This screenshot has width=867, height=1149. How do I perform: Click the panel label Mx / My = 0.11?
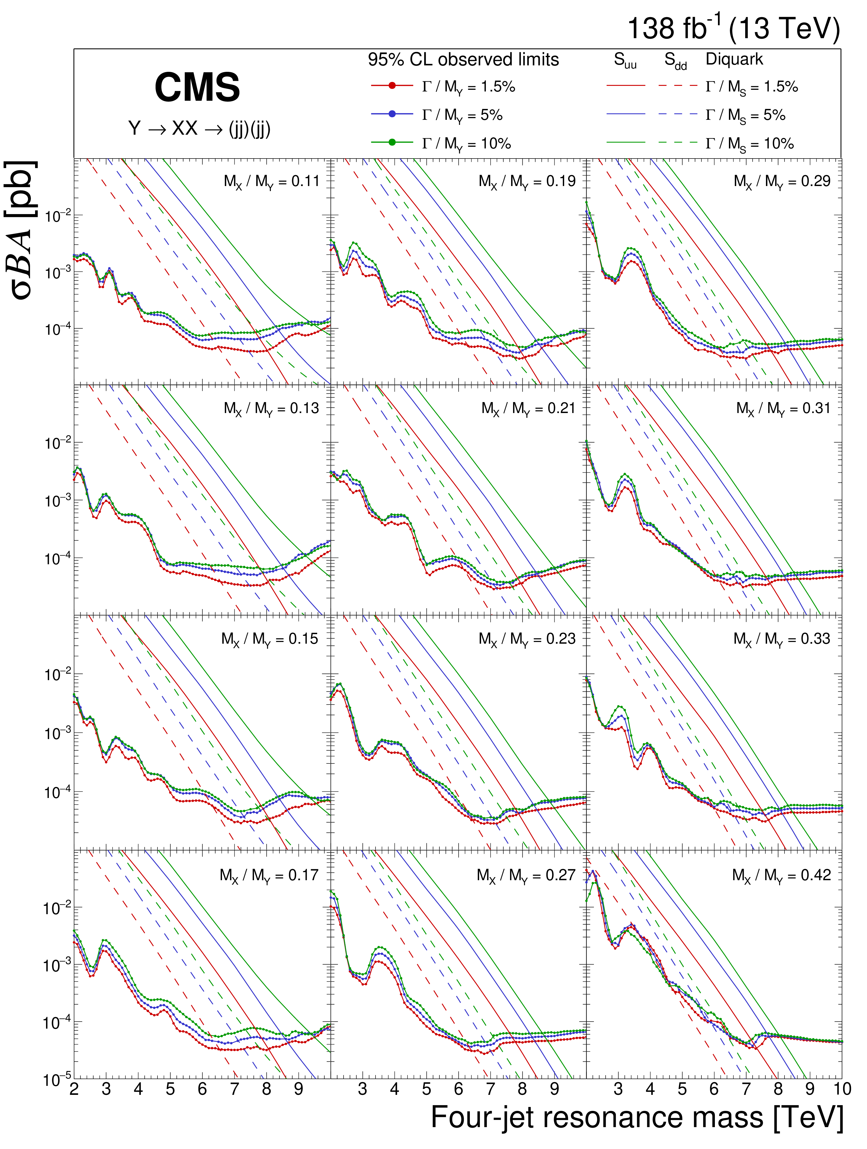tap(271, 182)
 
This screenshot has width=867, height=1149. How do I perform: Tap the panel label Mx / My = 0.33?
tap(781, 639)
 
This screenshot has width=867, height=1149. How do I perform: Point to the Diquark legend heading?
tap(734, 59)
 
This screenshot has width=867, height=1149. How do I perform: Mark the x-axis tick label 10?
tap(841, 1089)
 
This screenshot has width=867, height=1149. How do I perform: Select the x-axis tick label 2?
tap(74, 1089)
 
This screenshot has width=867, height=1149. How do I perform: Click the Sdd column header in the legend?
tap(675, 61)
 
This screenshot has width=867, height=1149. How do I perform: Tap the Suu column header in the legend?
tap(625, 61)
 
